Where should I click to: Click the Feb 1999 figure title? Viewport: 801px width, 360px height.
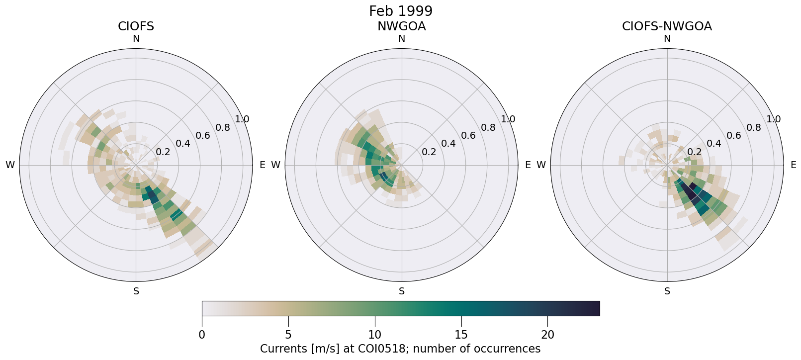click(x=401, y=11)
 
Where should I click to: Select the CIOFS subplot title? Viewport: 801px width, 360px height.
click(x=136, y=26)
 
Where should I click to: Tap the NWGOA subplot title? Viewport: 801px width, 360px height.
click(x=401, y=26)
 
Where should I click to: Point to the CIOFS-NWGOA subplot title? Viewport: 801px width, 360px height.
click(x=667, y=26)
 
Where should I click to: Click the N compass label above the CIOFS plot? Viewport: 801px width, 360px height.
click(x=136, y=39)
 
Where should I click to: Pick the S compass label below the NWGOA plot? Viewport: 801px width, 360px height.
click(x=401, y=291)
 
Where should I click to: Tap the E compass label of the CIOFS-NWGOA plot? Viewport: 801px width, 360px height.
click(x=793, y=165)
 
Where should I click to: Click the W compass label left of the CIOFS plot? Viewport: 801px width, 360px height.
click(x=10, y=165)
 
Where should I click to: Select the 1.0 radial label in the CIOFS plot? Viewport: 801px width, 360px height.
click(x=242, y=119)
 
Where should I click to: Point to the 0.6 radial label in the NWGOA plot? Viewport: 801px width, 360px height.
click(x=468, y=136)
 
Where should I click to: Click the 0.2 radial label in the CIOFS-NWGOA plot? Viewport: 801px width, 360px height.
click(x=694, y=152)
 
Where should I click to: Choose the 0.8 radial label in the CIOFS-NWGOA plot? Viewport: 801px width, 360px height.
click(x=754, y=128)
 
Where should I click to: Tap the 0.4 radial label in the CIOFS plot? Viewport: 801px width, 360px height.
click(x=183, y=144)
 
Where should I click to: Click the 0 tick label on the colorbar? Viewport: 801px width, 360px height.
click(x=202, y=335)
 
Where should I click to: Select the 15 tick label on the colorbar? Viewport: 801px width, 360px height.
click(x=461, y=335)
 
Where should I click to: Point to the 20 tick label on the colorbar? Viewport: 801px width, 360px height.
click(x=547, y=335)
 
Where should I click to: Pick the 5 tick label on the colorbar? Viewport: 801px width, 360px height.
click(x=288, y=335)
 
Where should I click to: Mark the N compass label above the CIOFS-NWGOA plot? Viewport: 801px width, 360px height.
click(x=667, y=39)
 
